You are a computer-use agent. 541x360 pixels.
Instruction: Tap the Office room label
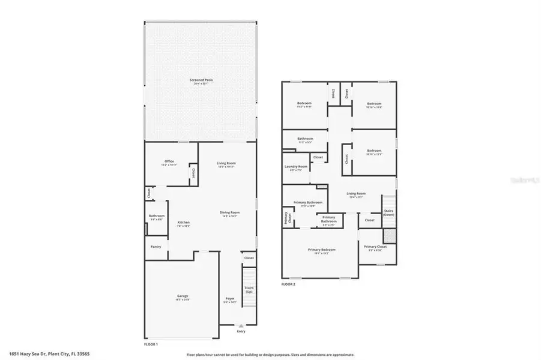[169, 162]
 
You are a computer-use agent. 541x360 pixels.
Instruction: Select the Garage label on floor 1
[183, 297]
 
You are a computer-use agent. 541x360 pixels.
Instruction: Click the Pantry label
[156, 246]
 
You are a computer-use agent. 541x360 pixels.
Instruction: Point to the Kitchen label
[183, 223]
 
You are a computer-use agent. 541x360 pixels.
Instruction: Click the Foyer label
[230, 299]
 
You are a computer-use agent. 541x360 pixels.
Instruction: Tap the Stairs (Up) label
[249, 290]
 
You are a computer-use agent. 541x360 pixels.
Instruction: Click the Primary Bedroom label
[321, 250]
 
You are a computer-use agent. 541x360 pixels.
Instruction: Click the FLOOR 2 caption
[288, 284]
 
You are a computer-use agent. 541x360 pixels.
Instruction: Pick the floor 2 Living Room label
[356, 194]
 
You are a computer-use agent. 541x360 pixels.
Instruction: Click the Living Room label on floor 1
[226, 164]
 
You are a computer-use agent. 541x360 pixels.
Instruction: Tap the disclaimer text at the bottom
[270, 355]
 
